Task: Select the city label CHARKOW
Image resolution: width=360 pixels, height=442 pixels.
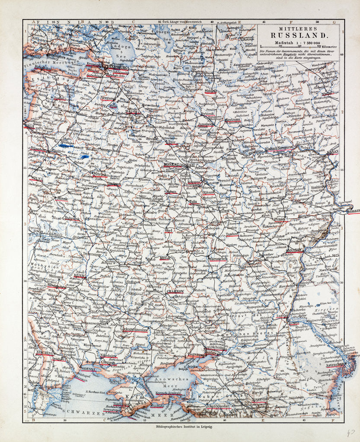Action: point(175,292)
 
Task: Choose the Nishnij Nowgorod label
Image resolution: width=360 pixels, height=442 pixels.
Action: point(279,147)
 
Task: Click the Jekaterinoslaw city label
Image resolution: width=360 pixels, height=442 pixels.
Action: point(127,329)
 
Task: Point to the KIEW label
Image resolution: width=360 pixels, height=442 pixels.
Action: point(80,275)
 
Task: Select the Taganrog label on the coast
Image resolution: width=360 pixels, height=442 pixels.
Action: point(195,354)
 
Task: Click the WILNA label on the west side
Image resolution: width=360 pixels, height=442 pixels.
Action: point(36,178)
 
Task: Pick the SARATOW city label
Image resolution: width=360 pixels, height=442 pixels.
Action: point(294,250)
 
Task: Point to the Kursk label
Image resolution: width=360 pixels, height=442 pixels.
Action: point(164,258)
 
